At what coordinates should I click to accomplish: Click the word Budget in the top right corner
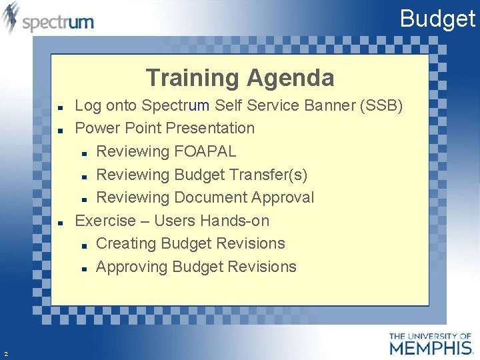437,18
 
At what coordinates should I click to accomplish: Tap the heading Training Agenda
240,78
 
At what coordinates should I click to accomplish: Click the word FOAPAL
205,151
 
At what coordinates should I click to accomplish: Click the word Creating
126,243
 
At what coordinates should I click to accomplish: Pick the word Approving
131,267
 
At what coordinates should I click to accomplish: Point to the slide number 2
5,354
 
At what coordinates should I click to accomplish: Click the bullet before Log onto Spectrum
60,107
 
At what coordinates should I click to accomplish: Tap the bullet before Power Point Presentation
60,129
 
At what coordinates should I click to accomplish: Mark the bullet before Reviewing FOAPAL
84,153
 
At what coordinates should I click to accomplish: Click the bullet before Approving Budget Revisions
84,268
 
